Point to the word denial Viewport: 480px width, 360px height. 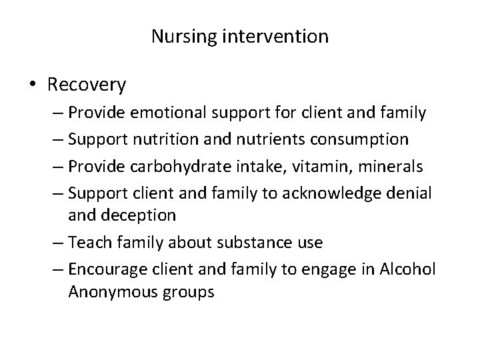pyautogui.click(x=413, y=191)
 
